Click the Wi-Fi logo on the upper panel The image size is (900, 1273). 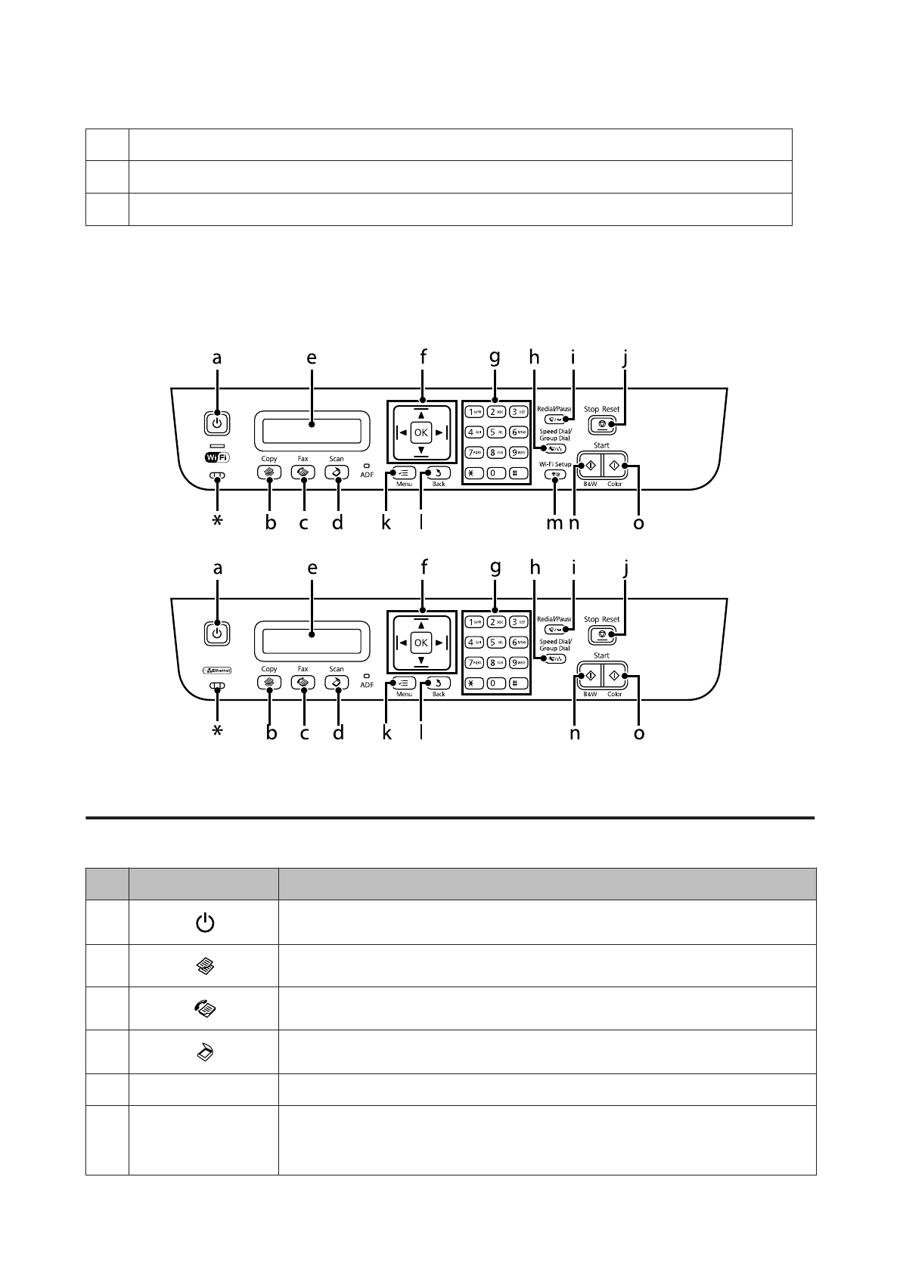tap(217, 457)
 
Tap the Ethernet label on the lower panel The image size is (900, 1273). tap(217, 670)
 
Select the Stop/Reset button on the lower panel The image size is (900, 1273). tap(602, 636)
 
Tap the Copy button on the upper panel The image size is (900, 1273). tap(268, 472)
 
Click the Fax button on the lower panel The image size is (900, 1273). tap(303, 682)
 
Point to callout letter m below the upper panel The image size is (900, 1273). tap(555, 522)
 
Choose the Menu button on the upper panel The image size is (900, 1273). tap(402, 473)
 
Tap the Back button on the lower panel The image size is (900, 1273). tap(439, 683)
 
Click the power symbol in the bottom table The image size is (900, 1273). tap(205, 922)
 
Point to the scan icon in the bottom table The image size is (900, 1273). tap(205, 1052)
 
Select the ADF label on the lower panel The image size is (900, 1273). tap(367, 685)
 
